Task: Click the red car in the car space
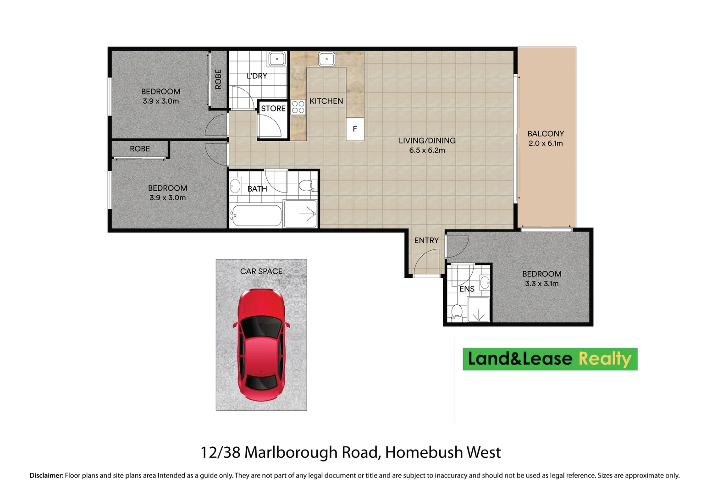[x=261, y=344]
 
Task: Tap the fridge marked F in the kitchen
[x=355, y=129]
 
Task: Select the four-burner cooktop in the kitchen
[x=298, y=107]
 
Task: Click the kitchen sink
[x=326, y=59]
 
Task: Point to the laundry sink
[x=277, y=59]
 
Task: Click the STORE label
[x=273, y=109]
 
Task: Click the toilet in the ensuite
[x=456, y=312]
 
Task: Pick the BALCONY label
[x=546, y=134]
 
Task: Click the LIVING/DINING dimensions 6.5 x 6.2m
[x=427, y=150]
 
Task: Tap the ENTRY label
[x=426, y=241]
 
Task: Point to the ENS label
[x=467, y=289]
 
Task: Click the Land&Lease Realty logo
[x=550, y=359]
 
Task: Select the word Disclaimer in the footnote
[x=46, y=476]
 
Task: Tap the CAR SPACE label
[x=261, y=271]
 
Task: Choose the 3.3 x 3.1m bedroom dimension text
[x=541, y=284]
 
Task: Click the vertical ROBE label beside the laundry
[x=218, y=79]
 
